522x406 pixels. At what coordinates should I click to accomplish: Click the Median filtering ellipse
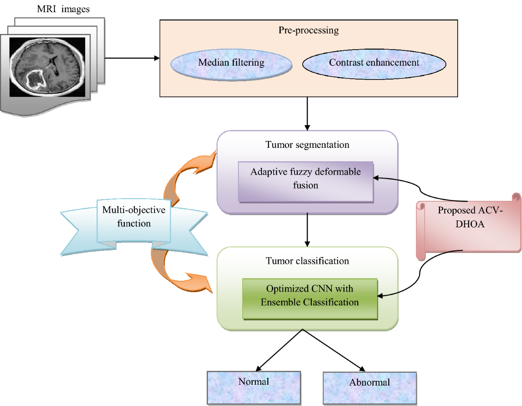tap(231, 63)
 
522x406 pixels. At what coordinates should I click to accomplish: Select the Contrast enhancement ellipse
tap(374, 63)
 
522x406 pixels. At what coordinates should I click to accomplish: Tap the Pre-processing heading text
tap(308, 31)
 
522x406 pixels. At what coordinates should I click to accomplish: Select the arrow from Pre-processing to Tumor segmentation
tap(308, 113)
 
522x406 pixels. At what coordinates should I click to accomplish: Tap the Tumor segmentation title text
tap(307, 145)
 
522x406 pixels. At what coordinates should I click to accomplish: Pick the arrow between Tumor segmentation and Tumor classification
tap(308, 230)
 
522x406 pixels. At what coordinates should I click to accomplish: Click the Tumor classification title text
tap(307, 261)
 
